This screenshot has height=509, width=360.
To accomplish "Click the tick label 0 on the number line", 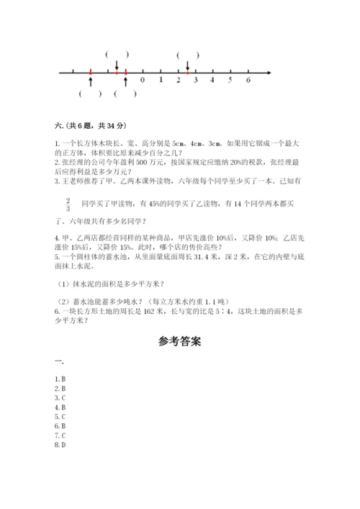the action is pyautogui.click(x=143, y=80).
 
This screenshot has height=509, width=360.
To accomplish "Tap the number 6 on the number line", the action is pyautogui.click(x=248, y=80).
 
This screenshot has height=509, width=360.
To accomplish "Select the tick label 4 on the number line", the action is pyautogui.click(x=212, y=80).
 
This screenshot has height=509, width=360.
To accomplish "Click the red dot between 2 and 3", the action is pyautogui.click(x=187, y=73).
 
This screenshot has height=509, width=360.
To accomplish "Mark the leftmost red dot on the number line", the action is pyautogui.click(x=90, y=73).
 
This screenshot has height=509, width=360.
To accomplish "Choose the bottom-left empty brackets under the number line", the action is pyautogui.click(x=90, y=94).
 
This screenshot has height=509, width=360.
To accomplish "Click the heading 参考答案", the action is pyautogui.click(x=180, y=342).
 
